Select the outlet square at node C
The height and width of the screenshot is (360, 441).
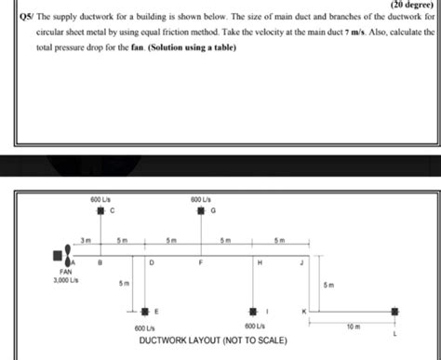point(102,211)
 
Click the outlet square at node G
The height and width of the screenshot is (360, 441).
point(201,211)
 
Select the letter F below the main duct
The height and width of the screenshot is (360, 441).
point(201,264)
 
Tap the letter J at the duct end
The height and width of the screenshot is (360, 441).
point(301,264)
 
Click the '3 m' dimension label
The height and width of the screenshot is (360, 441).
point(86,240)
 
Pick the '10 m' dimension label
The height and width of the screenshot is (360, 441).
point(353,327)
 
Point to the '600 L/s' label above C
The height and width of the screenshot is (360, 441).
point(101,199)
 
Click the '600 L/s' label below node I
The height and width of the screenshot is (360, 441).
point(254,327)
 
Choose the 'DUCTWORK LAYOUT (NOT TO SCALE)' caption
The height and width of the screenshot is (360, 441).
point(211,340)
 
